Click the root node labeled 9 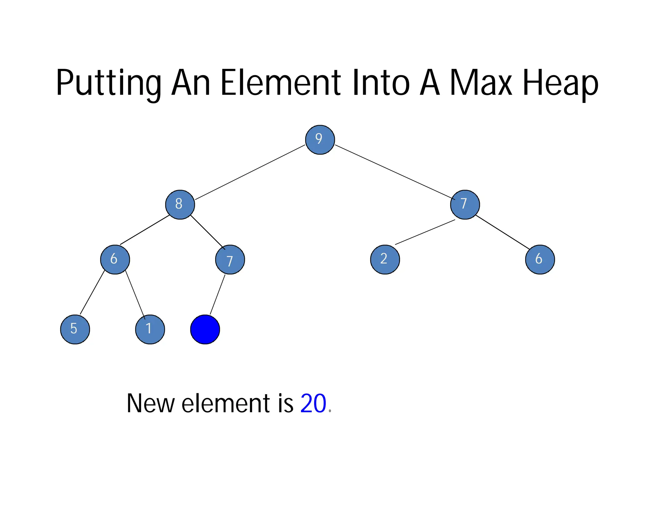click(320, 140)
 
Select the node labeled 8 click(180, 205)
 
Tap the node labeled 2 click(385, 259)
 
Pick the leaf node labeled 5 click(75, 329)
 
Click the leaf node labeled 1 click(150, 329)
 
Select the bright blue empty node click(205, 329)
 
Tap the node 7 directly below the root click(465, 205)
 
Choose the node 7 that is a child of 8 click(230, 259)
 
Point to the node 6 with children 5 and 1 click(115, 259)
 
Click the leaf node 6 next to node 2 click(540, 259)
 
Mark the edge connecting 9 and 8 click(250, 172)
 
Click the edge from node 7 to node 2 click(425, 232)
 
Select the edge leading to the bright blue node click(218, 294)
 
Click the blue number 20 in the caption click(313, 403)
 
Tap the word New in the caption click(150, 403)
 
